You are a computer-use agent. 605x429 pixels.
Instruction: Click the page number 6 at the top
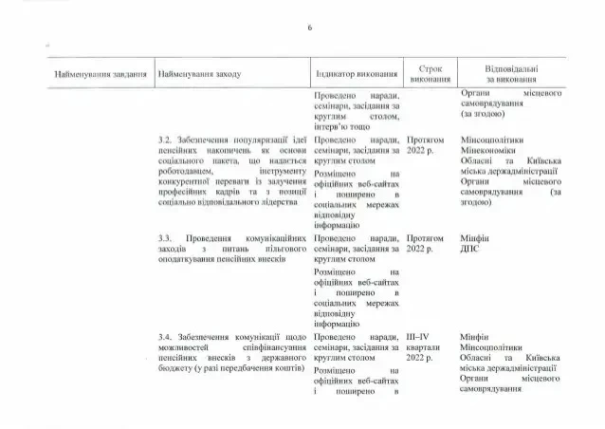(x=309, y=28)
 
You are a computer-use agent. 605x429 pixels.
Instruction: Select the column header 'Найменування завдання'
(x=100, y=74)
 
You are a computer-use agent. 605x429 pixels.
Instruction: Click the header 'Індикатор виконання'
(x=354, y=74)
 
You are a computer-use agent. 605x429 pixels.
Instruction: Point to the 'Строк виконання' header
(x=426, y=74)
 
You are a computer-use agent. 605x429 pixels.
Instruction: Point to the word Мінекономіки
(x=488, y=150)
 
